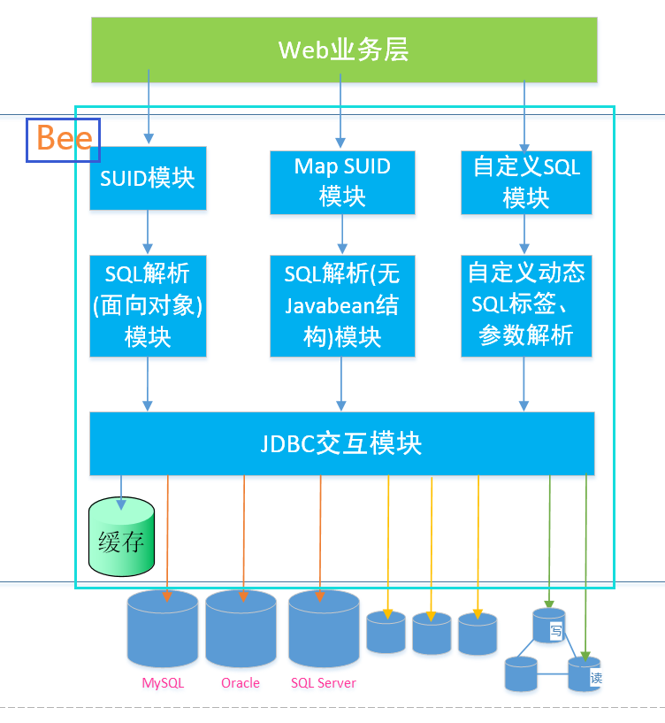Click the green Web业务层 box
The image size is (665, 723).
tap(344, 50)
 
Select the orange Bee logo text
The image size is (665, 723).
tap(63, 140)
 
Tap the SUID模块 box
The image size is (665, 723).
tap(148, 178)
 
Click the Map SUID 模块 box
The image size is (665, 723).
tap(342, 181)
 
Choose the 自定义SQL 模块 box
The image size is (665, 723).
tap(526, 181)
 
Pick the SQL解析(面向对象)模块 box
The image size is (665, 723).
tap(148, 305)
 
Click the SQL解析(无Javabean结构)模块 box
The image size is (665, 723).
tap(342, 305)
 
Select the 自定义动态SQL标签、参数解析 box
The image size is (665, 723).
tap(526, 305)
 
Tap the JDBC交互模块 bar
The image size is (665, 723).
tap(342, 443)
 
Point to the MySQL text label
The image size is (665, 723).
tap(163, 683)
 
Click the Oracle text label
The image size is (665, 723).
tap(241, 683)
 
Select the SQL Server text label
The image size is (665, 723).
tap(324, 683)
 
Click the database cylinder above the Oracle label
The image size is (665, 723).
tap(241, 630)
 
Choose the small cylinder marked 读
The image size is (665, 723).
tap(585, 674)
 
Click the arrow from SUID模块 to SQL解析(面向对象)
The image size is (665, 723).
tap(148, 232)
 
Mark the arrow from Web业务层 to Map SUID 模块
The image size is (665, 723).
tap(341, 111)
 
